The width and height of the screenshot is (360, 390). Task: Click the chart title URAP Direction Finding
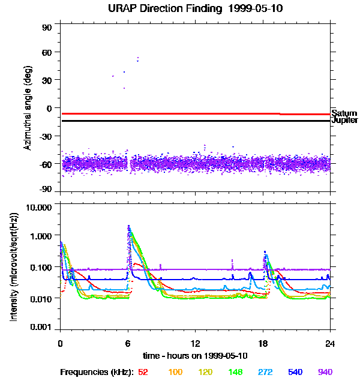[154, 8]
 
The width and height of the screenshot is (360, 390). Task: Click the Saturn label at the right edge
[344, 113]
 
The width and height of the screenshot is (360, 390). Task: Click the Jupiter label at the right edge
[345, 121]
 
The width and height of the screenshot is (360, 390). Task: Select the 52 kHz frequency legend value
[143, 372]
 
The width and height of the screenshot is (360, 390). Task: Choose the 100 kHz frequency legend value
[175, 372]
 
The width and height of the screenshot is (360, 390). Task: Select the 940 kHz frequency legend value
[325, 372]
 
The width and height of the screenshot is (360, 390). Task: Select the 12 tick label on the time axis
[194, 344]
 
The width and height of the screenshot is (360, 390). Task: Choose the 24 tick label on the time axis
[329, 344]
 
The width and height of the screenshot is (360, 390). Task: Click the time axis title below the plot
[196, 356]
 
